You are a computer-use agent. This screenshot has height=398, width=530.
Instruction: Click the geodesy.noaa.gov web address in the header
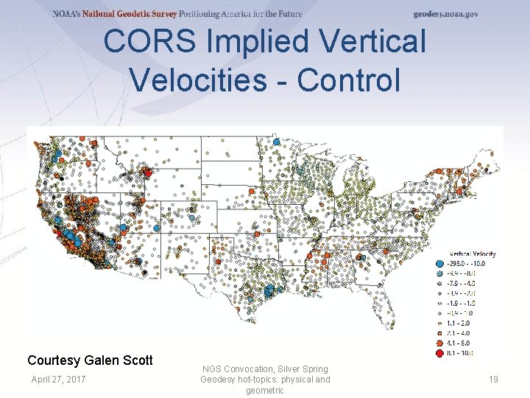(x=445, y=14)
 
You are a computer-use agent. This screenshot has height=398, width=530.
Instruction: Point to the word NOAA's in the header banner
(x=66, y=14)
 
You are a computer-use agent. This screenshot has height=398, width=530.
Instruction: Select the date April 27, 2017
(x=58, y=379)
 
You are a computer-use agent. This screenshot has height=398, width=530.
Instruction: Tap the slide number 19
(x=493, y=379)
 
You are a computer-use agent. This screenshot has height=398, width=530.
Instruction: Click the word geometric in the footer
(x=265, y=391)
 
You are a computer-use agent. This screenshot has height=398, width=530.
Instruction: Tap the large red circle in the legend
(x=439, y=352)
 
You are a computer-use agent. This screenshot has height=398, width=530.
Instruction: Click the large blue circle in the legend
(x=439, y=263)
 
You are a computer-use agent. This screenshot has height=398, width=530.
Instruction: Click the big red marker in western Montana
(x=147, y=173)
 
